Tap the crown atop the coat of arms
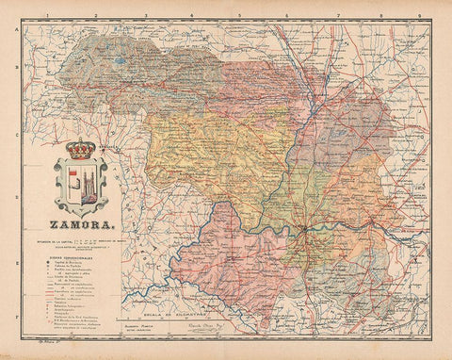point(81,149)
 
